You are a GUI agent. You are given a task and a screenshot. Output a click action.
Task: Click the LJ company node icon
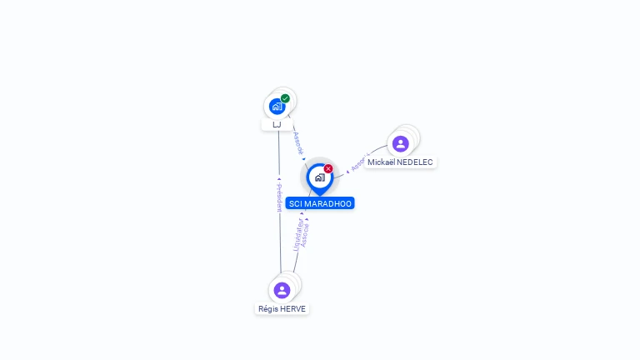(277, 107)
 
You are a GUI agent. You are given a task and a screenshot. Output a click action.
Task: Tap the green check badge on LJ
(285, 98)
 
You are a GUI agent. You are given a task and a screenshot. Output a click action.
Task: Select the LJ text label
(277, 124)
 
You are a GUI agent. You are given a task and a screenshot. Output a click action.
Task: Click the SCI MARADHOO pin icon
(319, 177)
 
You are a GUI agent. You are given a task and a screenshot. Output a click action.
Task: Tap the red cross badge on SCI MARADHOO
(328, 168)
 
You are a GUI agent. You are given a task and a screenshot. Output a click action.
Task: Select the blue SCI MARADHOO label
(320, 203)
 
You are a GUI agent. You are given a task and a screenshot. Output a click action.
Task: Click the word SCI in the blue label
(295, 203)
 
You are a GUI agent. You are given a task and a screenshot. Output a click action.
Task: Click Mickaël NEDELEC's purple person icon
(401, 143)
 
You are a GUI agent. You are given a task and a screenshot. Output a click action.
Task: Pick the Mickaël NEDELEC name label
(401, 162)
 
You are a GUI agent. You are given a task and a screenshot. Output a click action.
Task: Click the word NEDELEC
(415, 162)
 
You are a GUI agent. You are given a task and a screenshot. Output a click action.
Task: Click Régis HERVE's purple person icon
(282, 290)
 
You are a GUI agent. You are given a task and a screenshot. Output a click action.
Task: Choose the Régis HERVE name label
(282, 308)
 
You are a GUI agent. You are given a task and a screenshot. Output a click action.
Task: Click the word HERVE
(293, 308)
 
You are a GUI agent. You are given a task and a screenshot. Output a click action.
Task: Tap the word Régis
(268, 308)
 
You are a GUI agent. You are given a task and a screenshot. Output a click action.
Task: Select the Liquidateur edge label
(297, 235)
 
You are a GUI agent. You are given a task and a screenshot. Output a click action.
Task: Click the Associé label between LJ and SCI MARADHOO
(297, 143)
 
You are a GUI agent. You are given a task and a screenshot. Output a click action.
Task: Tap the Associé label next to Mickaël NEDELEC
(358, 163)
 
